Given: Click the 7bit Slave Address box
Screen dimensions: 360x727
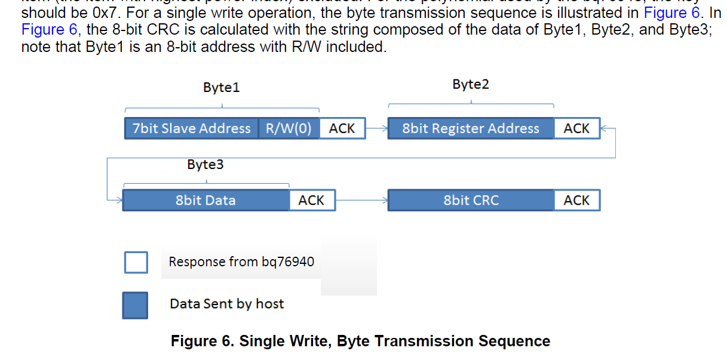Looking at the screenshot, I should click(192, 128).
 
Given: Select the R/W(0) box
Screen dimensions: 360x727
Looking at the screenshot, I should click(289, 128).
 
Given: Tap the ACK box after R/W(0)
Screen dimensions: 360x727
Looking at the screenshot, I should click(342, 128).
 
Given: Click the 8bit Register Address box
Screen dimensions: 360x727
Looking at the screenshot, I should click(471, 128).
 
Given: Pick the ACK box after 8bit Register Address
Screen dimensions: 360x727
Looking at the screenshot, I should click(576, 128).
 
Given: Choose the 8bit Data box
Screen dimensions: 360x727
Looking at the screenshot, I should click(205, 201).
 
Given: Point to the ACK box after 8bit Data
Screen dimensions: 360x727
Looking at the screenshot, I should click(311, 201).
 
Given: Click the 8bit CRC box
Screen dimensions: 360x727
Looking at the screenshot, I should click(471, 201).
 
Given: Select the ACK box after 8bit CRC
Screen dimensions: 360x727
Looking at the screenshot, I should click(576, 201).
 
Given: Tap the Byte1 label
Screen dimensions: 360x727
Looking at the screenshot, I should click(221, 88).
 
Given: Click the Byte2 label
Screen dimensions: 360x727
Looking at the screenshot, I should click(471, 85).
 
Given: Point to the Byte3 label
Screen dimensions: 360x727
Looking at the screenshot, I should click(205, 165).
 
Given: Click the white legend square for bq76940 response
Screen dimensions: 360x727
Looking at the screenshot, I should click(136, 262).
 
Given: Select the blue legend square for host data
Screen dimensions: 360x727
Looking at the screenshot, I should click(135, 304).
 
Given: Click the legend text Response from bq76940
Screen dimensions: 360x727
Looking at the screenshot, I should click(241, 262).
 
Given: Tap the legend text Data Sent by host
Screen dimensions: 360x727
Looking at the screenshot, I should click(226, 304).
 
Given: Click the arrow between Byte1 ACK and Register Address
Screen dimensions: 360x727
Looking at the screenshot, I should click(376, 128).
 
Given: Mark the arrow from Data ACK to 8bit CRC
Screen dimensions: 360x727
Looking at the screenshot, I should click(361, 201).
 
